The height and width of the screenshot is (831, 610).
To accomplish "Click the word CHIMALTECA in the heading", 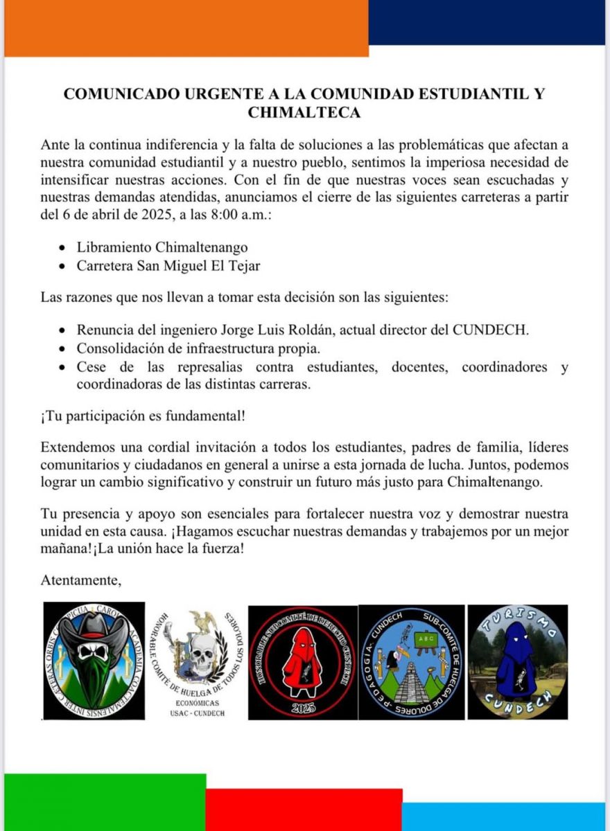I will point(304,113).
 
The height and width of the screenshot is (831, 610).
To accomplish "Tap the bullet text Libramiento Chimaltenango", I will point(162,247).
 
